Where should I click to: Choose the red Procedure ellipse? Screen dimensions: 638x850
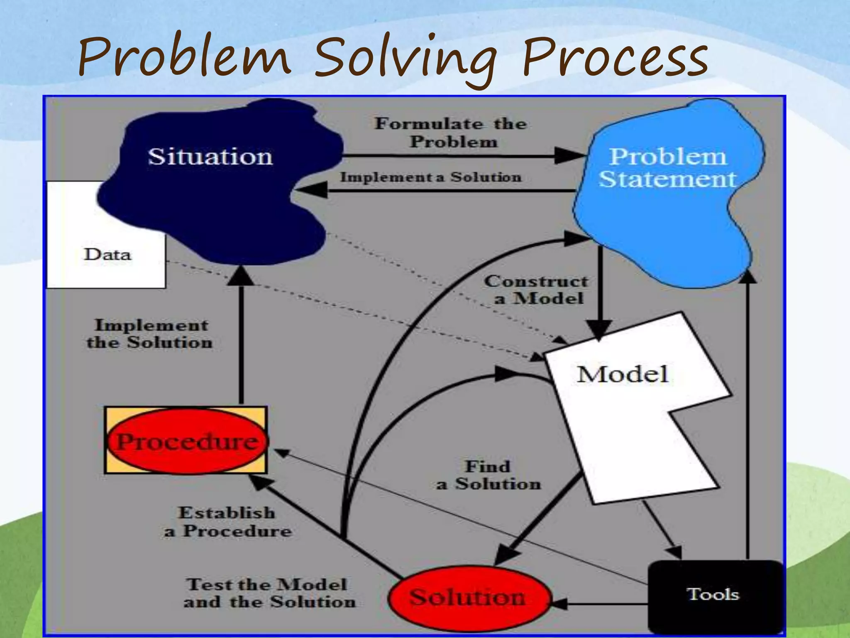point(187,441)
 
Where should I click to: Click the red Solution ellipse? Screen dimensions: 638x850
point(468,598)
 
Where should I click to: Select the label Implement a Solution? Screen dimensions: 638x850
point(431,177)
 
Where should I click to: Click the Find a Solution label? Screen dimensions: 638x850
point(489,475)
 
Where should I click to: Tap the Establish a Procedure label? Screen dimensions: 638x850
point(227,522)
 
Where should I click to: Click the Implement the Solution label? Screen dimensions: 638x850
point(150,334)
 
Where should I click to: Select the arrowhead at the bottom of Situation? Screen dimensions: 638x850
point(241,276)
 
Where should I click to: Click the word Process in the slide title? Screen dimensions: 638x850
point(614,58)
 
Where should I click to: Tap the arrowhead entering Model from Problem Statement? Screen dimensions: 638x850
point(600,330)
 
